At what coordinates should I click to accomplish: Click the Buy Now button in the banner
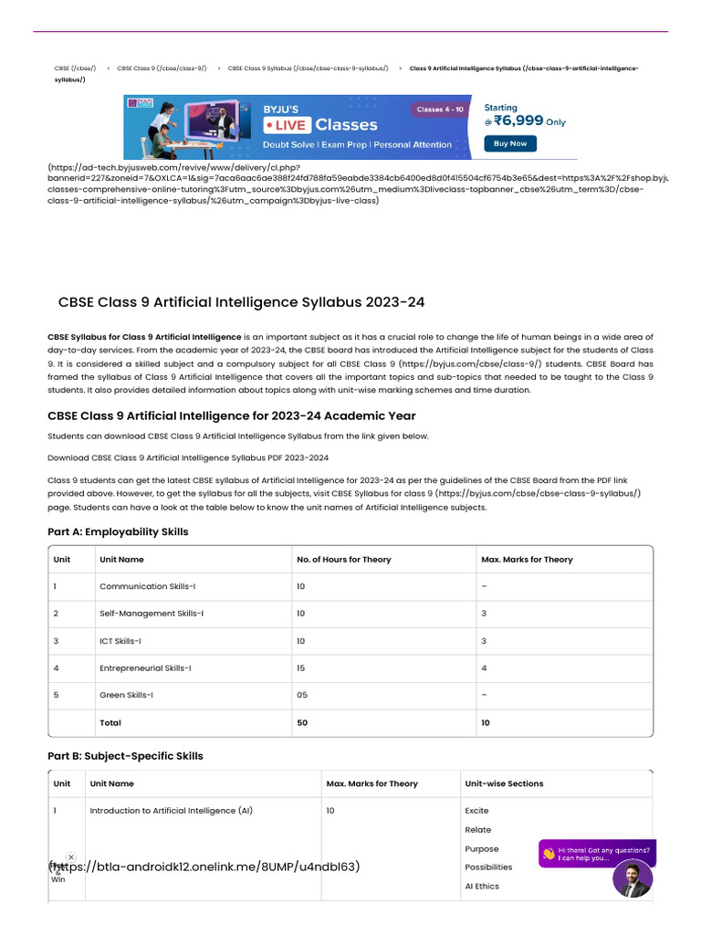[x=510, y=143]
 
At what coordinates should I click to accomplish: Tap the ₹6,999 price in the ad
[x=518, y=121]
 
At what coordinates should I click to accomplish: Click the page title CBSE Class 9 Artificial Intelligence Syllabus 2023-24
[x=241, y=302]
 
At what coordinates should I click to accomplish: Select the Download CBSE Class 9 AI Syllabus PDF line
[x=188, y=457]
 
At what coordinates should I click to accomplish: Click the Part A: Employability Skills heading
[x=118, y=531]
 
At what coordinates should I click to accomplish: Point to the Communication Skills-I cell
[x=147, y=586]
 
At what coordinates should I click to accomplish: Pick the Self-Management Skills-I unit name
[x=152, y=614]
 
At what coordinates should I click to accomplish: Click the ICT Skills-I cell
[x=120, y=641]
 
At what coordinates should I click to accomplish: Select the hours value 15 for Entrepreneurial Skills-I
[x=302, y=668]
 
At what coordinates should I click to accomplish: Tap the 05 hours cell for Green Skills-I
[x=302, y=696]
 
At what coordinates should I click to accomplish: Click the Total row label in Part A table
[x=110, y=723]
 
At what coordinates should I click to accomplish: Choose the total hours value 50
[x=302, y=723]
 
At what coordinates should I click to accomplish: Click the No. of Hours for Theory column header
[x=343, y=560]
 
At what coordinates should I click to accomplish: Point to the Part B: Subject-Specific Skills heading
[x=125, y=756]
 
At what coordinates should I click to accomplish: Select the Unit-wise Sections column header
[x=504, y=783]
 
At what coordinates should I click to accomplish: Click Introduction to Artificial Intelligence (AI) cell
[x=171, y=811]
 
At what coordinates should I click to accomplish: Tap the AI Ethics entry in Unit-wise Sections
[x=482, y=887]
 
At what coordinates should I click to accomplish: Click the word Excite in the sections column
[x=476, y=811]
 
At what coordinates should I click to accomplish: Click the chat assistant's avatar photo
[x=633, y=879]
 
